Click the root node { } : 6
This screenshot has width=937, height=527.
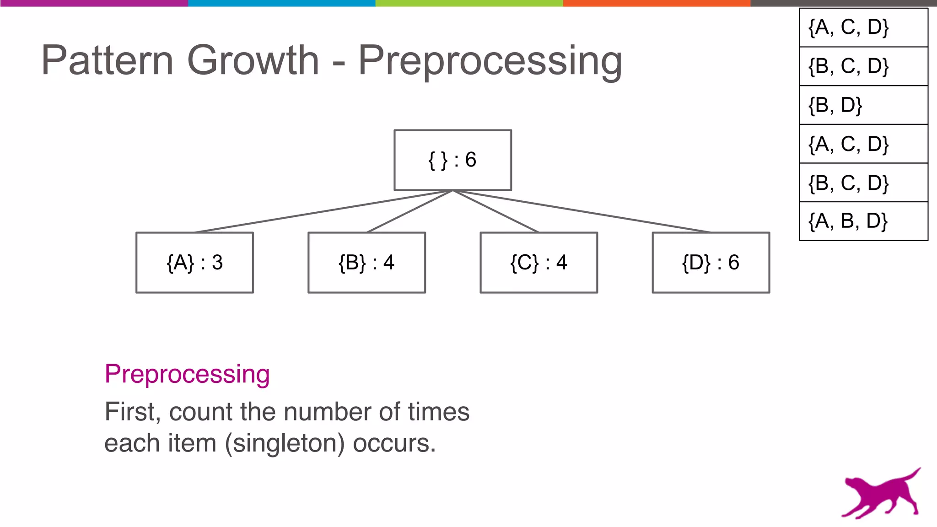pyautogui.click(x=452, y=160)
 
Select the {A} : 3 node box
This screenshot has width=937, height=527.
pyautogui.click(x=194, y=263)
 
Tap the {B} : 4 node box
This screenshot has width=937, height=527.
pyautogui.click(x=366, y=263)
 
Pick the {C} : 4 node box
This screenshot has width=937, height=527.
pyautogui.click(x=539, y=263)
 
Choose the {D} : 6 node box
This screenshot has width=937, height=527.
pyautogui.click(x=711, y=263)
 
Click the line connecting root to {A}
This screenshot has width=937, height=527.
pyautogui.click(x=323, y=211)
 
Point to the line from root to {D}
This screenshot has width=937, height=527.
pyautogui.click(x=581, y=211)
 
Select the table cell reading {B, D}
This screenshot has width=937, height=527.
pyautogui.click(x=863, y=105)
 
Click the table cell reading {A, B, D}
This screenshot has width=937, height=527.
pyautogui.click(x=863, y=221)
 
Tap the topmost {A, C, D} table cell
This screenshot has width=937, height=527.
pyautogui.click(x=863, y=27)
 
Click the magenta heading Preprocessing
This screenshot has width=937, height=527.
pyautogui.click(x=187, y=374)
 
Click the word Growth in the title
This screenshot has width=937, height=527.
pyautogui.click(x=253, y=60)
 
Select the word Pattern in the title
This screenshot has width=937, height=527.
pyautogui.click(x=107, y=60)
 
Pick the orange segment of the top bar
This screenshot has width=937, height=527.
pyautogui.click(x=657, y=3)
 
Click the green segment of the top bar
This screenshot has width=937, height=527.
pyautogui.click(x=469, y=3)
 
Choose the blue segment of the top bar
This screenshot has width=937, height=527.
pyautogui.click(x=281, y=3)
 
